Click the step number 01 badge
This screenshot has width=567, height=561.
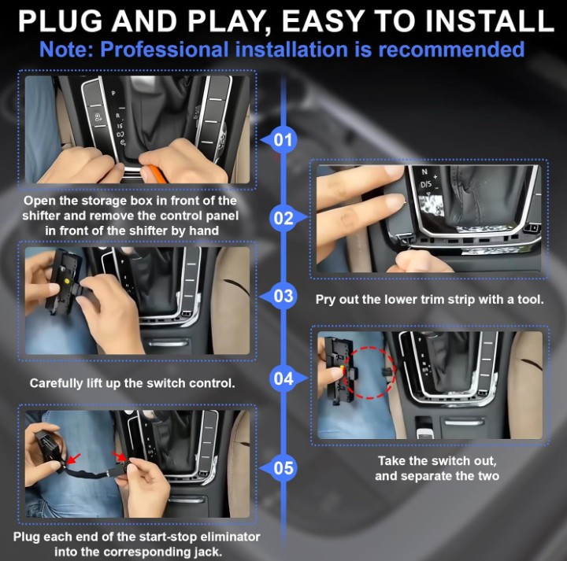click(x=283, y=141)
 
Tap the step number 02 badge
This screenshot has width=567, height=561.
click(x=283, y=218)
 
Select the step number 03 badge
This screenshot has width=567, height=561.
click(x=283, y=297)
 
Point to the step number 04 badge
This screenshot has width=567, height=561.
click(x=283, y=378)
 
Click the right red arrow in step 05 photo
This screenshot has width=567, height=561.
click(x=119, y=456)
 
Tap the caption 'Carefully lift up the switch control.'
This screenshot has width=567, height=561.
click(x=132, y=383)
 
